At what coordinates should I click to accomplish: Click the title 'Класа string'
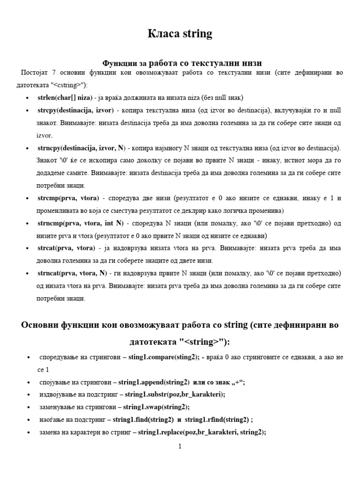(180, 34)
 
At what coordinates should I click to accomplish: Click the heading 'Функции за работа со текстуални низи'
(182, 62)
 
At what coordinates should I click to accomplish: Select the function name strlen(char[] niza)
(66, 97)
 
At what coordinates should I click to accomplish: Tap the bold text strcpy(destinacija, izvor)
(75, 110)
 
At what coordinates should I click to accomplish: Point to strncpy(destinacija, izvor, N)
(81, 148)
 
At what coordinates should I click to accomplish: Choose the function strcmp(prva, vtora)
(66, 198)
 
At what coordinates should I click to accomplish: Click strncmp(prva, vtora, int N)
(80, 223)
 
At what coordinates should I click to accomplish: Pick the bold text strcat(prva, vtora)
(66, 248)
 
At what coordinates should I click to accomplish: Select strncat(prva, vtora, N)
(72, 273)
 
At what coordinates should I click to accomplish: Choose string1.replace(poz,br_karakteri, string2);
(202, 432)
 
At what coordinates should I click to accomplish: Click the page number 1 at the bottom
(180, 447)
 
